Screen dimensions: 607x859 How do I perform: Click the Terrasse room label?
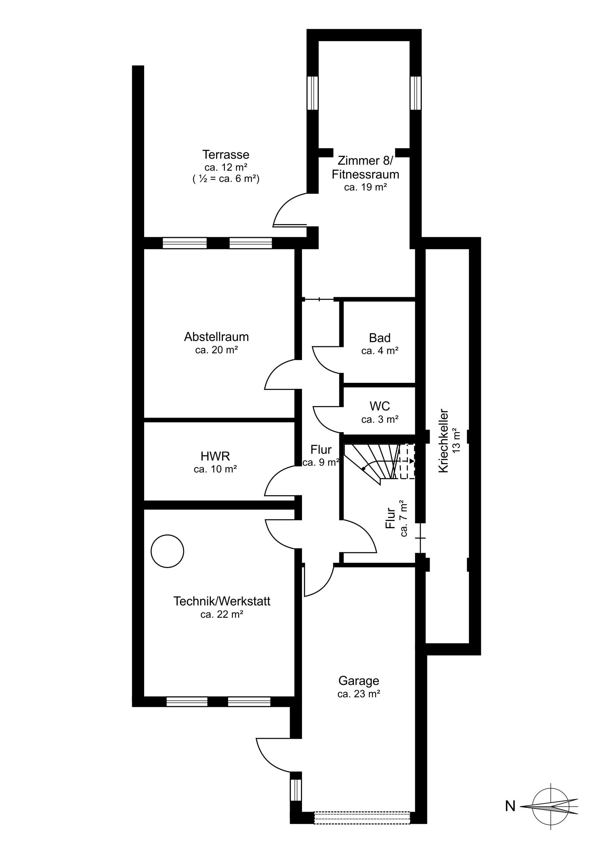[x=226, y=155]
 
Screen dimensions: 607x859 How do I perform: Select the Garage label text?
[x=359, y=681]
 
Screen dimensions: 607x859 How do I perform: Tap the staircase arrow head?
[x=412, y=461]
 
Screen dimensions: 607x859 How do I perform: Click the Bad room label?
[x=380, y=338]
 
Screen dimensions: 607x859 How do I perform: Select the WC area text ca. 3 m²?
[x=380, y=419]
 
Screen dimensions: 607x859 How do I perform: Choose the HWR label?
[x=215, y=456]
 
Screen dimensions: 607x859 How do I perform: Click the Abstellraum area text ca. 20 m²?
[x=217, y=350]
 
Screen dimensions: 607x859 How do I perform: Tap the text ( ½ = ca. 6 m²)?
[x=226, y=179]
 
